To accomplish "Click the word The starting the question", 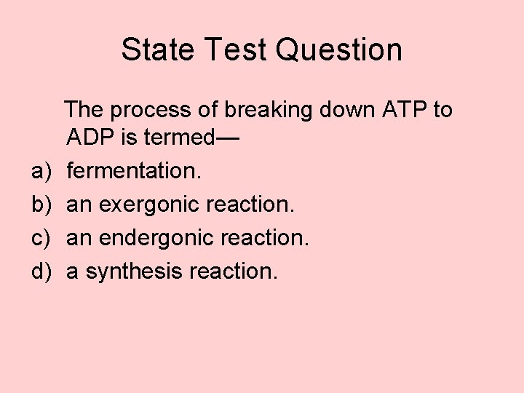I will click(84, 111).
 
